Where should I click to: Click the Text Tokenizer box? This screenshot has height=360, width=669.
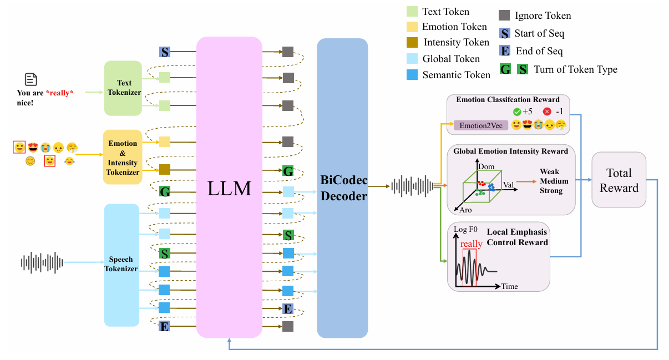123,88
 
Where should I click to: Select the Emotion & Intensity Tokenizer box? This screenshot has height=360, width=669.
123,157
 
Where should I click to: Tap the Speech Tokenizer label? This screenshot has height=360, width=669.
121,264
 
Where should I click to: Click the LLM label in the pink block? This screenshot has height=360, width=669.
229,189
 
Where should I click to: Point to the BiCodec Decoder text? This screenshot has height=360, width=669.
344,188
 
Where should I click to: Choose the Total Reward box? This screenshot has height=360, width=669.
619,180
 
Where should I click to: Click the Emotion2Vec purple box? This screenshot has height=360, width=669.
481,125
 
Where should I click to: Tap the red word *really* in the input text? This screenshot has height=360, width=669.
59,93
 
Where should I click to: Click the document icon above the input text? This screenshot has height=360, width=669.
31,79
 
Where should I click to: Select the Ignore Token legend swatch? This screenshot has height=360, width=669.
504,15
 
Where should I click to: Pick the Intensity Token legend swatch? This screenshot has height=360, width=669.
412,42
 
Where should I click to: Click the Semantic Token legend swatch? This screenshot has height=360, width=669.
412,75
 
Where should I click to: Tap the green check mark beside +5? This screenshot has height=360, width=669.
517,112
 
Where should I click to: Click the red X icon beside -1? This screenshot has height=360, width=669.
547,111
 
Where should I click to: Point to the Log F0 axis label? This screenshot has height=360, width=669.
465,230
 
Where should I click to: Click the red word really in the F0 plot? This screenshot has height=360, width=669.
472,244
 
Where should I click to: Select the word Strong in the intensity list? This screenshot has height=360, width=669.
551,191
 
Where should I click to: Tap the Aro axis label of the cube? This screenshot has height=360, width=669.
465,210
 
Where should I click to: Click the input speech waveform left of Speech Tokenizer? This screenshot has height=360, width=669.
42,262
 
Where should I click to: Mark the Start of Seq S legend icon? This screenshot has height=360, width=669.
505,33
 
